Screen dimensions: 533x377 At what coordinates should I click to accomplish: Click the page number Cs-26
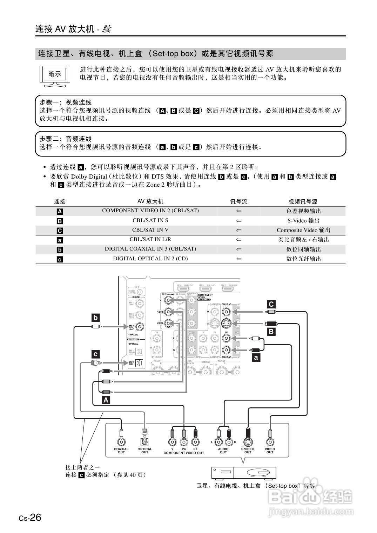coord(30,518)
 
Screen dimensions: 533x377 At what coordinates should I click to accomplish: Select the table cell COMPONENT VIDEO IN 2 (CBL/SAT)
coord(150,211)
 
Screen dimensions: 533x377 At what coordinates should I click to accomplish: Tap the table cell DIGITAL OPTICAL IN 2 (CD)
coord(150,259)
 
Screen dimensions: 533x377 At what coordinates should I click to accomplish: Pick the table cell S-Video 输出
coord(303,221)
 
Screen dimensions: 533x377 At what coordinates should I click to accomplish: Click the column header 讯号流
coord(238,201)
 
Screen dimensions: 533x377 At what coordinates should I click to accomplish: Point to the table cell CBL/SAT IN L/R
coord(150,239)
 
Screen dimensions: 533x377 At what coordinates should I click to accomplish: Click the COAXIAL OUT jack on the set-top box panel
coord(121,442)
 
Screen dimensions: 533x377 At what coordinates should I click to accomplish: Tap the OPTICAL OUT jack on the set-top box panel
coord(144,442)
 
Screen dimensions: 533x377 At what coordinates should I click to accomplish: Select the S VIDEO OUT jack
coord(248,442)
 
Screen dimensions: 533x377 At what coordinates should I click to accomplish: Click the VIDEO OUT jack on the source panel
coord(270,442)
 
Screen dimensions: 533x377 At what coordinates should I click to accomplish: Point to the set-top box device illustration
coord(244,473)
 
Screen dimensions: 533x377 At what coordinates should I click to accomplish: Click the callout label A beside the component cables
coord(106,400)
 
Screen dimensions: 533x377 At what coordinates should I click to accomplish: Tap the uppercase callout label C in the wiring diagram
coord(271,304)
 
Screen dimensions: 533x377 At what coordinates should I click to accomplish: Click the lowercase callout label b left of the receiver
coord(95,318)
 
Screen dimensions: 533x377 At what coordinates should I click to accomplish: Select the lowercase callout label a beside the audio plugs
coord(256,358)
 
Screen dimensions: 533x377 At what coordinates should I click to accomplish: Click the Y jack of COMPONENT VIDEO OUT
coord(172,442)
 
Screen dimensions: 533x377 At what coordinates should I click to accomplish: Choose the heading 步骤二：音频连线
coord(66,139)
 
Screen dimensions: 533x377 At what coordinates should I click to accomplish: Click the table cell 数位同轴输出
coord(303,249)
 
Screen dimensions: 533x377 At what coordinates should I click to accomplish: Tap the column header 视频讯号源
coord(303,201)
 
